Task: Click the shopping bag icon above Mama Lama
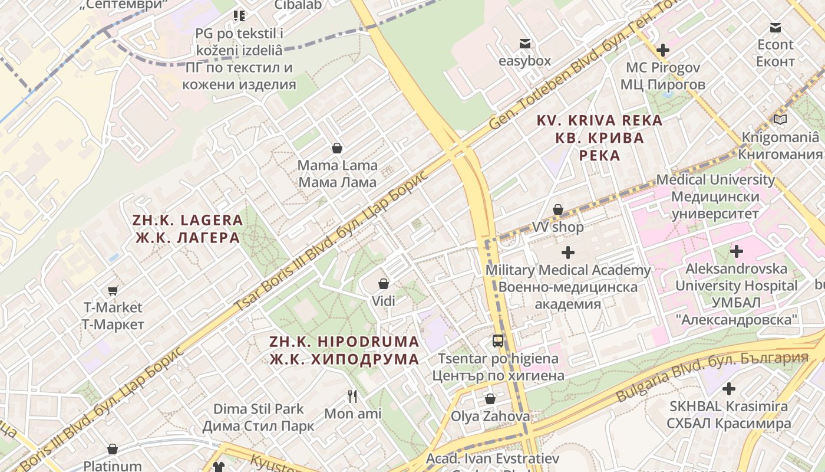pyautogui.click(x=337, y=147)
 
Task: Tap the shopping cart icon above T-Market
pyautogui.click(x=113, y=290)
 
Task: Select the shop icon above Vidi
pyautogui.click(x=384, y=284)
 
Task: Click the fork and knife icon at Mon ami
pyautogui.click(x=352, y=396)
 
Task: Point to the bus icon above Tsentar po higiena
pyautogui.click(x=498, y=340)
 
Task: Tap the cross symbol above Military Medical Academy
pyautogui.click(x=568, y=253)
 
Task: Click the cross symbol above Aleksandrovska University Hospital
pyautogui.click(x=736, y=251)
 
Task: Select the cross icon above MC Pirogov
pyautogui.click(x=663, y=50)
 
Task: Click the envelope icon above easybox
pyautogui.click(x=524, y=44)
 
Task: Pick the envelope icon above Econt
pyautogui.click(x=775, y=28)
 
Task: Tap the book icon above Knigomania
pyautogui.click(x=780, y=120)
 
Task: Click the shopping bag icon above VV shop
pyautogui.click(x=557, y=209)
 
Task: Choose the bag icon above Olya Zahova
pyautogui.click(x=490, y=399)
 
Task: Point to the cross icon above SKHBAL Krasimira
pyautogui.click(x=729, y=389)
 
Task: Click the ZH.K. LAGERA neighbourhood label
pyautogui.click(x=187, y=229)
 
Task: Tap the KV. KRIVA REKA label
pyautogui.click(x=599, y=138)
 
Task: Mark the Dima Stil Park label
pyautogui.click(x=259, y=417)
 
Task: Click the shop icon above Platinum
pyautogui.click(x=113, y=450)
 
